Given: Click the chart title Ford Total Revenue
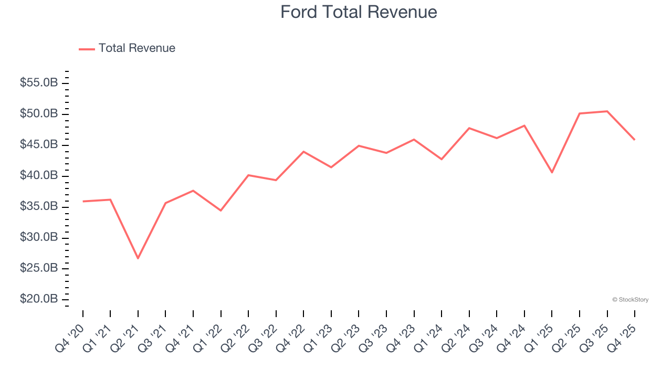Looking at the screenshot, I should (359, 12).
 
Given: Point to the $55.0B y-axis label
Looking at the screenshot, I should (39, 83).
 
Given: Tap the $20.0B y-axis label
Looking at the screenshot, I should (39, 299).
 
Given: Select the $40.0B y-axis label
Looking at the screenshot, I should (39, 175).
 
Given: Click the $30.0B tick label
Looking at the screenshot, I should (39, 237).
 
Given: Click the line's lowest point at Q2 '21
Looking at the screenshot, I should (138, 258).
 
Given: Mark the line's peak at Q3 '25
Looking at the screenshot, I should (607, 111).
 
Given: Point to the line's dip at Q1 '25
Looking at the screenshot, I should (552, 172).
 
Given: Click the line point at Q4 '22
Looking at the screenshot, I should (303, 152).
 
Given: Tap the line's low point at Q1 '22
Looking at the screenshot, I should (221, 211).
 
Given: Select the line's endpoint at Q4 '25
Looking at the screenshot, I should (635, 140).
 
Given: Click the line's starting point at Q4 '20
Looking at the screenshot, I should (83, 201).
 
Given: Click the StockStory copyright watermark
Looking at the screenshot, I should (630, 300).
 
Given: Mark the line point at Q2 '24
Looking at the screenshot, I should (469, 128).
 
